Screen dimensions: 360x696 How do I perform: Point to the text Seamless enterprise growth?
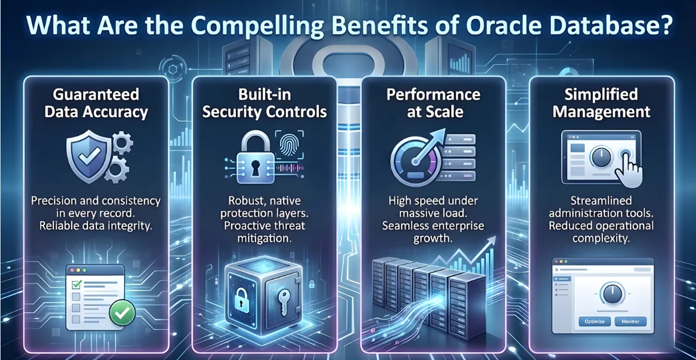[434, 232]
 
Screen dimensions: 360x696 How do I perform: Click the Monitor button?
[630, 321]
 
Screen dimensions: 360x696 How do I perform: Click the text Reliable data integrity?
[96, 226]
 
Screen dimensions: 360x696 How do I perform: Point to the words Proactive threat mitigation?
[264, 233]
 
